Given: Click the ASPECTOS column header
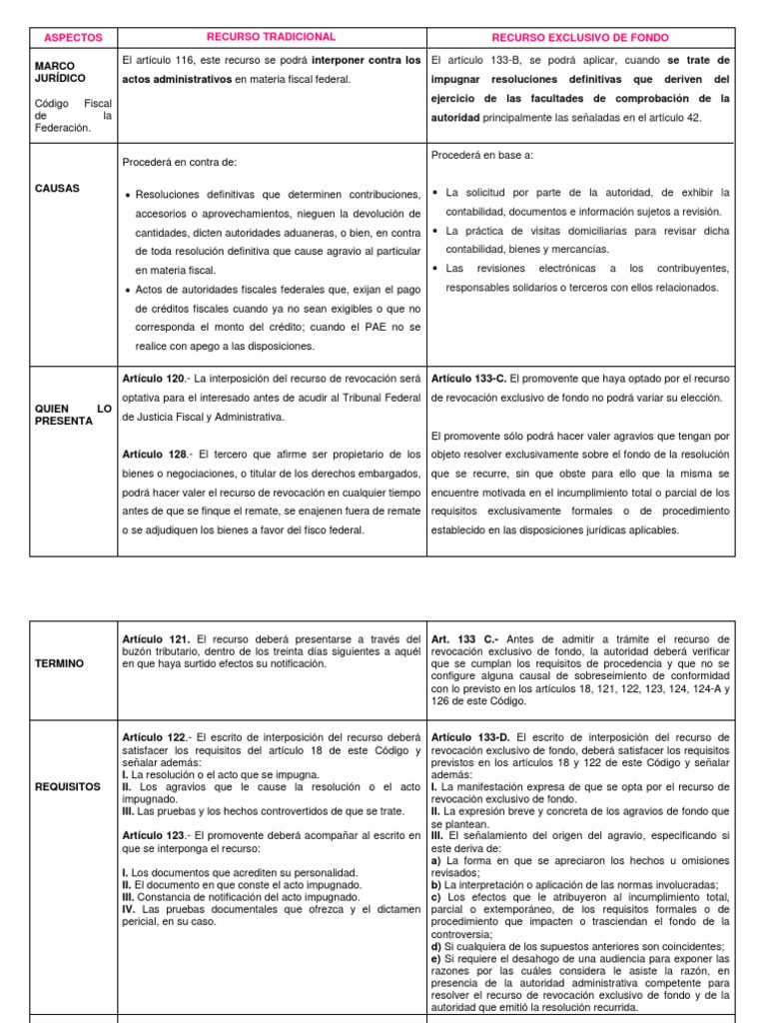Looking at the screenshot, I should click(x=74, y=37).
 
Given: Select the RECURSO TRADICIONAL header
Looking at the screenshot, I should click(x=272, y=37).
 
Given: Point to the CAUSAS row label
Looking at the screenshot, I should click(x=57, y=188).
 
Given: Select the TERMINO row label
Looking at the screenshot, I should click(x=60, y=663).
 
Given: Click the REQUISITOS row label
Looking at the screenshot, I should click(x=67, y=786).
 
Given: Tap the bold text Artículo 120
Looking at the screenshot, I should click(x=154, y=380).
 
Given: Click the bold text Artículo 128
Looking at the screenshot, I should click(x=154, y=455).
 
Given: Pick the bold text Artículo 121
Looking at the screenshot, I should click(x=155, y=638).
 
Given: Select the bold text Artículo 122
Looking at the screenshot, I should click(x=154, y=736).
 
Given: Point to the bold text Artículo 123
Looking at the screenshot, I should click(x=154, y=834).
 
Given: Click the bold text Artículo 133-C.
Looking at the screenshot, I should click(x=468, y=380).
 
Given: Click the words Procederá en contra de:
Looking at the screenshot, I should click(x=180, y=162).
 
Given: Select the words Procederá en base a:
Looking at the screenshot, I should click(x=482, y=155).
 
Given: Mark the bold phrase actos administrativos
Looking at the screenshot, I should click(x=177, y=79).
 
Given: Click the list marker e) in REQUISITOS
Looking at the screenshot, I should click(x=436, y=958).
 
